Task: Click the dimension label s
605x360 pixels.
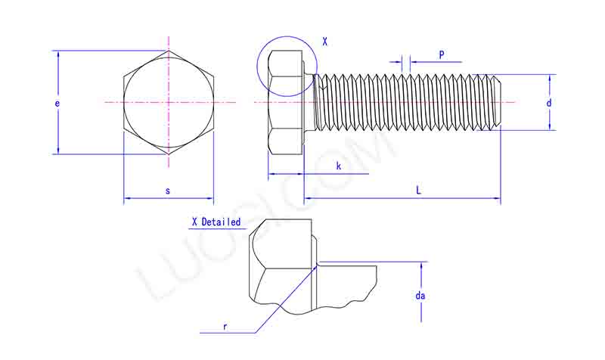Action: (168, 191)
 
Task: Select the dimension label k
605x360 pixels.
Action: (339, 165)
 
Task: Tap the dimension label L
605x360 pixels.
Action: (418, 191)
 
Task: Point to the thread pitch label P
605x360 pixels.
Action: (441, 54)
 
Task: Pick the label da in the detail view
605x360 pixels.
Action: (420, 296)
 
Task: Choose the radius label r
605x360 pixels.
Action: (225, 326)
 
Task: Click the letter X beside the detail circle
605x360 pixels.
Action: (324, 42)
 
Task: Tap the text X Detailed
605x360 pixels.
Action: (216, 222)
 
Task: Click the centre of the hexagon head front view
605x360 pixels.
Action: (169, 102)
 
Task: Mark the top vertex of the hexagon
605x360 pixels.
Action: (169, 51)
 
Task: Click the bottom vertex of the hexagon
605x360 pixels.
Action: (169, 154)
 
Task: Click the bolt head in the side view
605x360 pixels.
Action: (286, 102)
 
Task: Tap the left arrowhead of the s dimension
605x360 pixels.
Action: (126, 199)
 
